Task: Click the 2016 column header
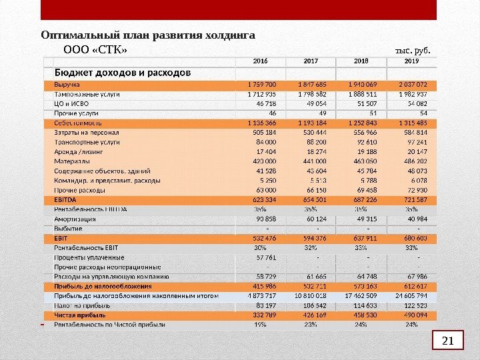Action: [x=260, y=61]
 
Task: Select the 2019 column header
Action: [x=412, y=61]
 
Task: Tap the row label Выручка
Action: [x=67, y=85]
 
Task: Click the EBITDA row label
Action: [x=65, y=199]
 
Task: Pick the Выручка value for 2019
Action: [x=411, y=85]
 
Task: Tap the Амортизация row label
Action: [x=75, y=219]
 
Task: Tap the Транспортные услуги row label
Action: [x=87, y=142]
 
